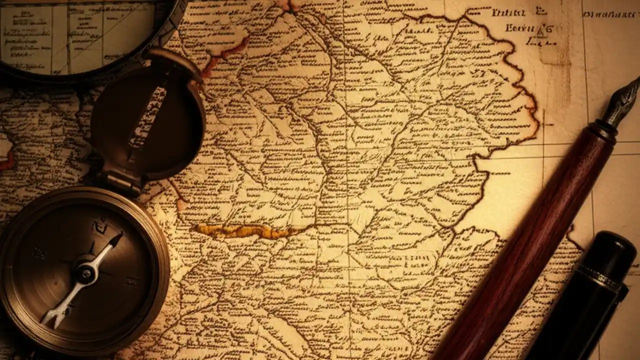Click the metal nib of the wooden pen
pyautogui.click(x=623, y=100)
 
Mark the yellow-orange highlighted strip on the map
pyautogui.click(x=240, y=230)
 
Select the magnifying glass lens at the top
pyautogui.click(x=75, y=35)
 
